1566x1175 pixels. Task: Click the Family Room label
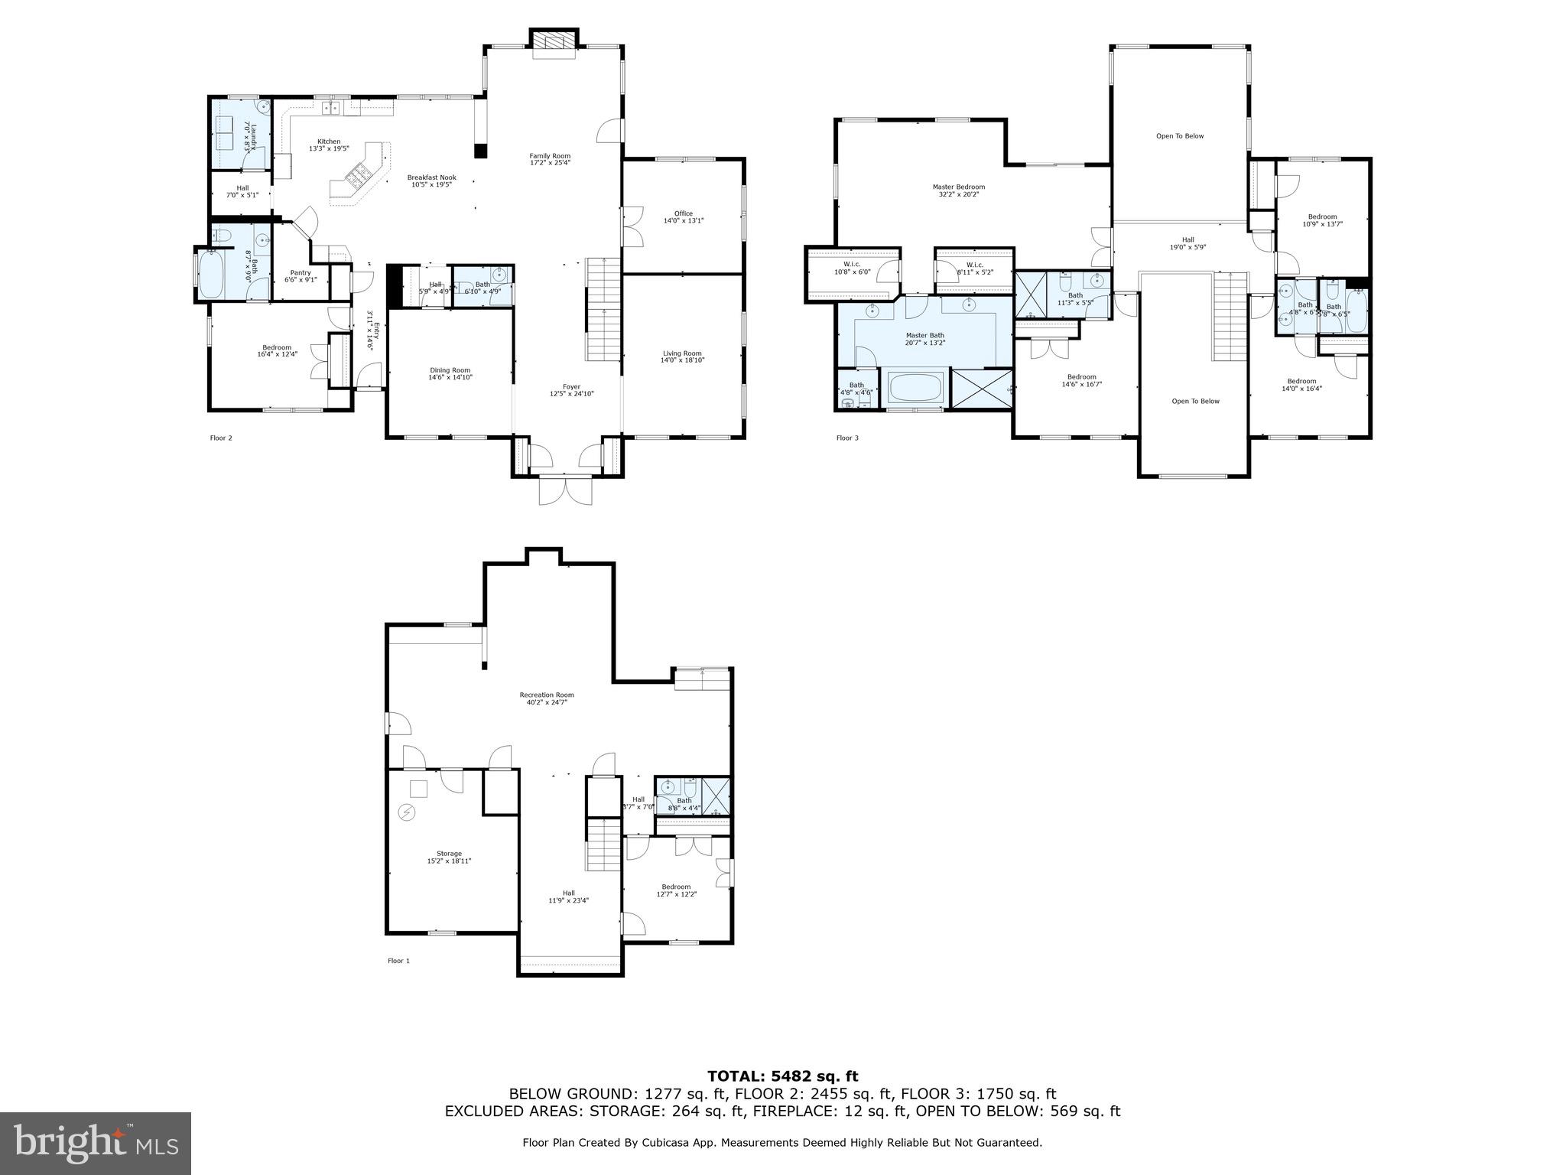[x=550, y=156]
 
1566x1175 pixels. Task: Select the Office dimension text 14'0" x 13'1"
[x=683, y=221]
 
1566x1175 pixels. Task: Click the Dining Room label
[x=450, y=370]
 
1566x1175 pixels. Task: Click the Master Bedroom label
[x=958, y=187]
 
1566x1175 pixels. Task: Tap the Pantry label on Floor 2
[x=300, y=272]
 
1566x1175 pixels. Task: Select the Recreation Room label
[x=546, y=695]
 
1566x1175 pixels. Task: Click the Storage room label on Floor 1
[x=449, y=854]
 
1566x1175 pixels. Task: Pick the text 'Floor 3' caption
[x=847, y=438]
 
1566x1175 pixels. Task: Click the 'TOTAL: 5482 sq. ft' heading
[x=782, y=1077]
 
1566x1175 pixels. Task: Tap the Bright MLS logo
[x=96, y=1143]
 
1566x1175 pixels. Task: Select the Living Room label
[x=682, y=353]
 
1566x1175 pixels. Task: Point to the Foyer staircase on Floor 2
[x=603, y=310]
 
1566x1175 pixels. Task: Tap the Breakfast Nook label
[x=431, y=177]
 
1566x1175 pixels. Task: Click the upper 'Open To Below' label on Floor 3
[x=1179, y=136]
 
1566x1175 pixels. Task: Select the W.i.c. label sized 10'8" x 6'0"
[x=852, y=264]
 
